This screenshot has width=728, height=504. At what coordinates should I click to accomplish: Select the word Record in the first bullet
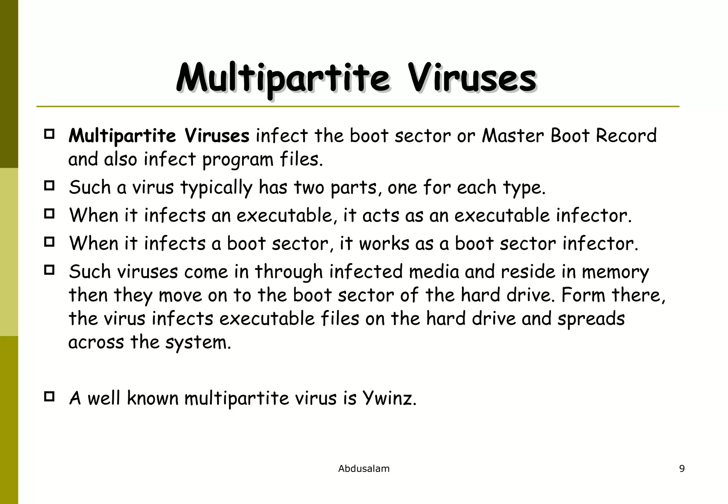(626, 136)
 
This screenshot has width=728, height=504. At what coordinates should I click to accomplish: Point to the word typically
(216, 188)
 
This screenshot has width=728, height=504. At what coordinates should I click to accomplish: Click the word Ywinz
(389, 398)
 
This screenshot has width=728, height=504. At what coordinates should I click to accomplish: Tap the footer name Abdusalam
(364, 469)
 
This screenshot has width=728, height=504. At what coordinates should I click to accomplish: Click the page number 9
(682, 469)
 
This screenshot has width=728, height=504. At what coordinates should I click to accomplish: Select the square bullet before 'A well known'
(49, 396)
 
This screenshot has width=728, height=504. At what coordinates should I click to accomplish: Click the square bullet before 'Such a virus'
(49, 186)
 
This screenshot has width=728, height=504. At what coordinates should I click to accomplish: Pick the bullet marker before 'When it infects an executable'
(49, 214)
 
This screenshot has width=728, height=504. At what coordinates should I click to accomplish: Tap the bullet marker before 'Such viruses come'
(49, 270)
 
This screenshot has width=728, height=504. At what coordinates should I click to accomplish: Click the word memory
(615, 272)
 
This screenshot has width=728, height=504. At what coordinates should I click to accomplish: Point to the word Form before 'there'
(583, 295)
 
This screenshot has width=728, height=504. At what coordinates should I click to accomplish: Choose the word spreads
(591, 319)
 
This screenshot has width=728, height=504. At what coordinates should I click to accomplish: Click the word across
(96, 342)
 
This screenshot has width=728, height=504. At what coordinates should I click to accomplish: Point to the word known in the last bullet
(152, 398)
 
